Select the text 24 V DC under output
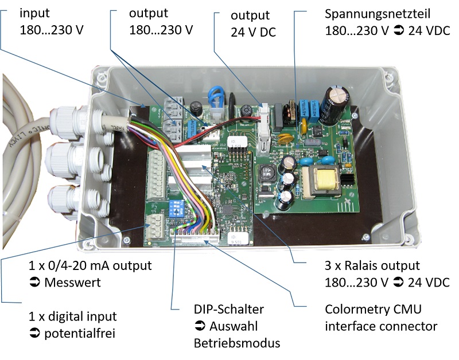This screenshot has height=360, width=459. click(x=253, y=32)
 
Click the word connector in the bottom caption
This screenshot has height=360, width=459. click(x=410, y=326)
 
